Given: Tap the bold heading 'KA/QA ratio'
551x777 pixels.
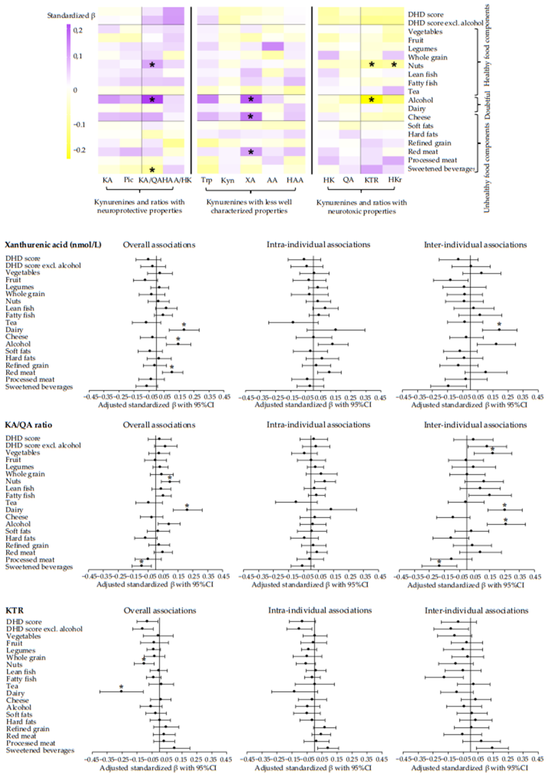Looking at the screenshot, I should [x=29, y=425].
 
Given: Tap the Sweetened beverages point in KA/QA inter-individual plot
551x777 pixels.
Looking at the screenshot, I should [x=439, y=565].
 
